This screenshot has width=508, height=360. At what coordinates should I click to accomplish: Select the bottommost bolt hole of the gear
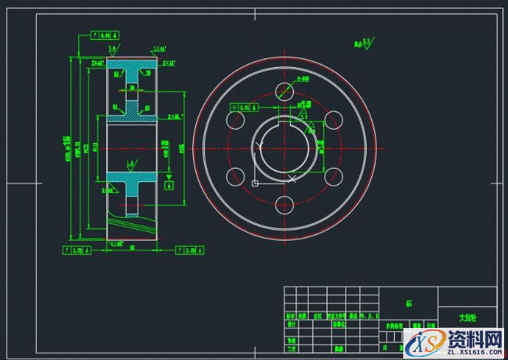click(x=285, y=206)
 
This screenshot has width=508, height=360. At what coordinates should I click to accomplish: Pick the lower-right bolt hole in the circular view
click(x=335, y=177)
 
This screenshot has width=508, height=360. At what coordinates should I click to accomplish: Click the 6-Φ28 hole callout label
click(x=304, y=79)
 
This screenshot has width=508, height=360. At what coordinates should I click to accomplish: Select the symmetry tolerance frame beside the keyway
click(x=240, y=107)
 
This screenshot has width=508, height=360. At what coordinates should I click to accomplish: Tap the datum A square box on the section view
click(x=169, y=184)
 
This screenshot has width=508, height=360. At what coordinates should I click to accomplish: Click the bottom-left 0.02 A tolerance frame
click(x=76, y=251)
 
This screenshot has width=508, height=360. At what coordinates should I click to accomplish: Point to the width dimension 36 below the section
click(x=133, y=247)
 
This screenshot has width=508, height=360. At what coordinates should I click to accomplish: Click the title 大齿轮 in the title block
click(x=467, y=318)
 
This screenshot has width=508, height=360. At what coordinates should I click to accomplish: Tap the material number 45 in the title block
click(x=409, y=303)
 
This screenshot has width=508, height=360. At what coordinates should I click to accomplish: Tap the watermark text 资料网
click(x=474, y=338)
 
